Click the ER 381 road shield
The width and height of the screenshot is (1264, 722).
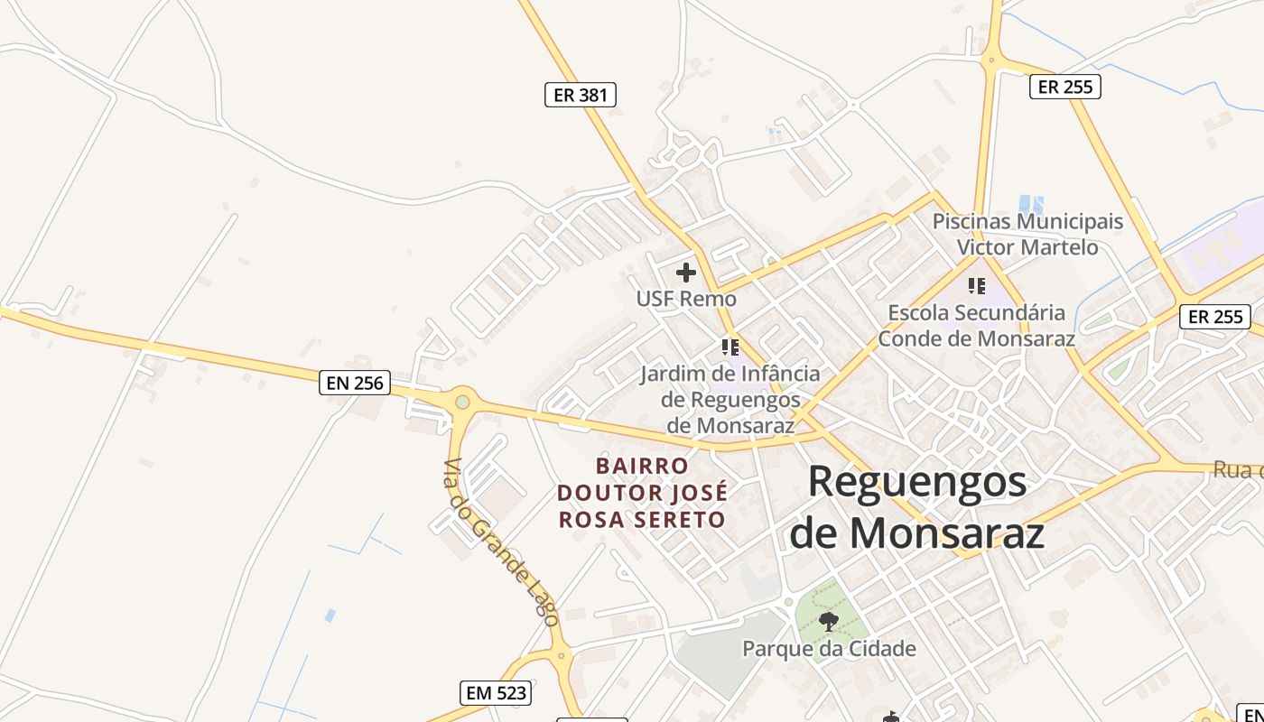point(580,95)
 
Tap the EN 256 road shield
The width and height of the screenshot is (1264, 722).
point(355,383)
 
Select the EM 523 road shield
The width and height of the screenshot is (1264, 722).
point(495,693)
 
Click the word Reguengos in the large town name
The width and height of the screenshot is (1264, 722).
point(916,482)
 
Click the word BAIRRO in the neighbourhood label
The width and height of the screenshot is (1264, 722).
point(642,467)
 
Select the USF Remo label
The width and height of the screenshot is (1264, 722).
point(686,299)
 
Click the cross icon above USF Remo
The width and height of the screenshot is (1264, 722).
point(686,272)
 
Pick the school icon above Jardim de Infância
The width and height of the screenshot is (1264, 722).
point(730,347)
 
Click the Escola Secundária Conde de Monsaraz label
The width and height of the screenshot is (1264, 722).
point(977,326)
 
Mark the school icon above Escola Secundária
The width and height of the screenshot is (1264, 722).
point(977,286)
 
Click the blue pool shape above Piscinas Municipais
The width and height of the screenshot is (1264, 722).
point(1030,204)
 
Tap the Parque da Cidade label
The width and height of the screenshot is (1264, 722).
point(829,649)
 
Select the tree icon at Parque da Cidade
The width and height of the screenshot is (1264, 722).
point(828,621)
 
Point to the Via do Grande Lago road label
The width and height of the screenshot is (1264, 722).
point(500,541)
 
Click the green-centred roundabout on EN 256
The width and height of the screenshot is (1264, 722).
point(462,401)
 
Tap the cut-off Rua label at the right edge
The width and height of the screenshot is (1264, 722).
point(1237,470)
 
